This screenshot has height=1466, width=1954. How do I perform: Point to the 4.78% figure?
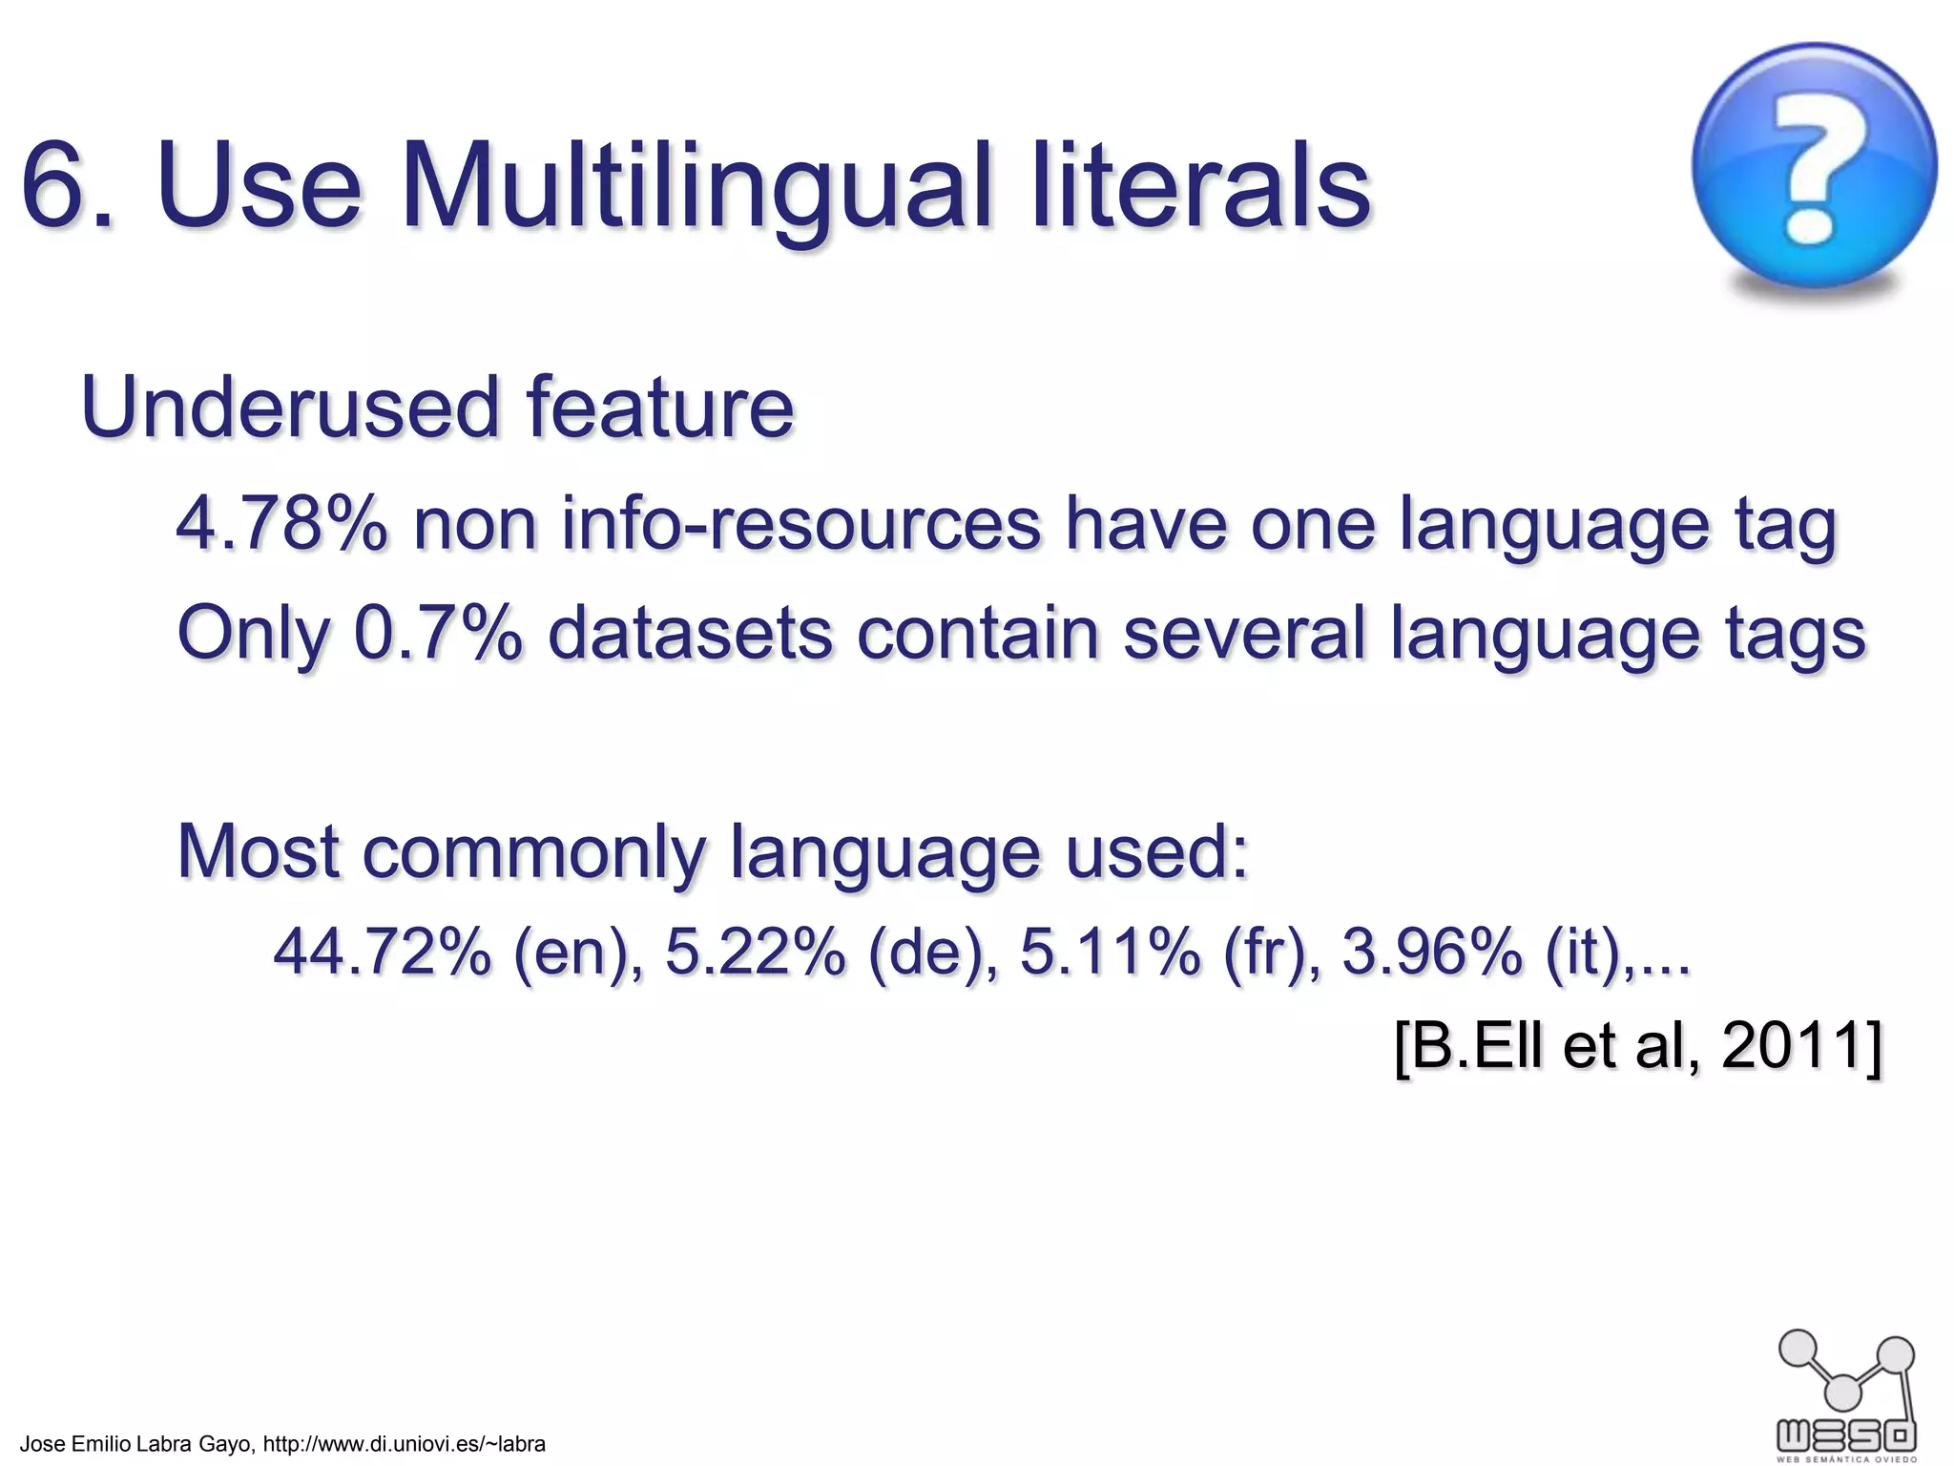point(282,524)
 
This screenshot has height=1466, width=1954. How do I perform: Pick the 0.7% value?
point(438,633)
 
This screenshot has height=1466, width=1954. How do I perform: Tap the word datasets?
point(690,633)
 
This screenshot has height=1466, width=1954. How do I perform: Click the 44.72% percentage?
point(382,952)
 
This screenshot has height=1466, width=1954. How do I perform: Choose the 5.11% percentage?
point(1110,952)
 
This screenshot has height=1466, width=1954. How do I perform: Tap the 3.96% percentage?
point(1431,952)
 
